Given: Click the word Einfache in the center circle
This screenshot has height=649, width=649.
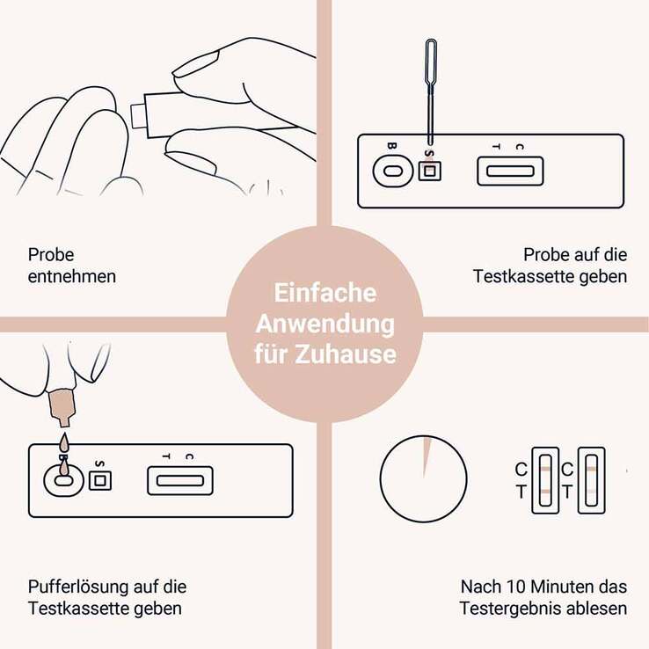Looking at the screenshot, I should click(x=324, y=293).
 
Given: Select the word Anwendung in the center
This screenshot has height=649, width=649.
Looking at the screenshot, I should click(x=324, y=324).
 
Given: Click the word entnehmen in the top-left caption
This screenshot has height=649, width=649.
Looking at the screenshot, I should click(x=72, y=276).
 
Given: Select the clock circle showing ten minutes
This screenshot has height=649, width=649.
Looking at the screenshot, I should click(x=423, y=480).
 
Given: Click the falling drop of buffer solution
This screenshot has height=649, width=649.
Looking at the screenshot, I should click(x=62, y=445).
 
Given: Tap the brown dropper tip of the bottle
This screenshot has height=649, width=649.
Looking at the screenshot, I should click(x=62, y=404).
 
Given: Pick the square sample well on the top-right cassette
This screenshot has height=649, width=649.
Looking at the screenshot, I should click(x=429, y=171).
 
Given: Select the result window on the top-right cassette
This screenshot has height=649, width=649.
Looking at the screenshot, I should click(x=510, y=171).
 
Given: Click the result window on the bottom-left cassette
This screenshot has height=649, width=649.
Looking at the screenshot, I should click(x=180, y=480).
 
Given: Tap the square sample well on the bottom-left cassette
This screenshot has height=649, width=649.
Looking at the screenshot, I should click(x=99, y=480).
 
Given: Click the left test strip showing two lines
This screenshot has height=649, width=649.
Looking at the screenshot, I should click(x=545, y=480).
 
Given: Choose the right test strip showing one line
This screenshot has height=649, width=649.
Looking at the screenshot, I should click(x=590, y=480).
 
